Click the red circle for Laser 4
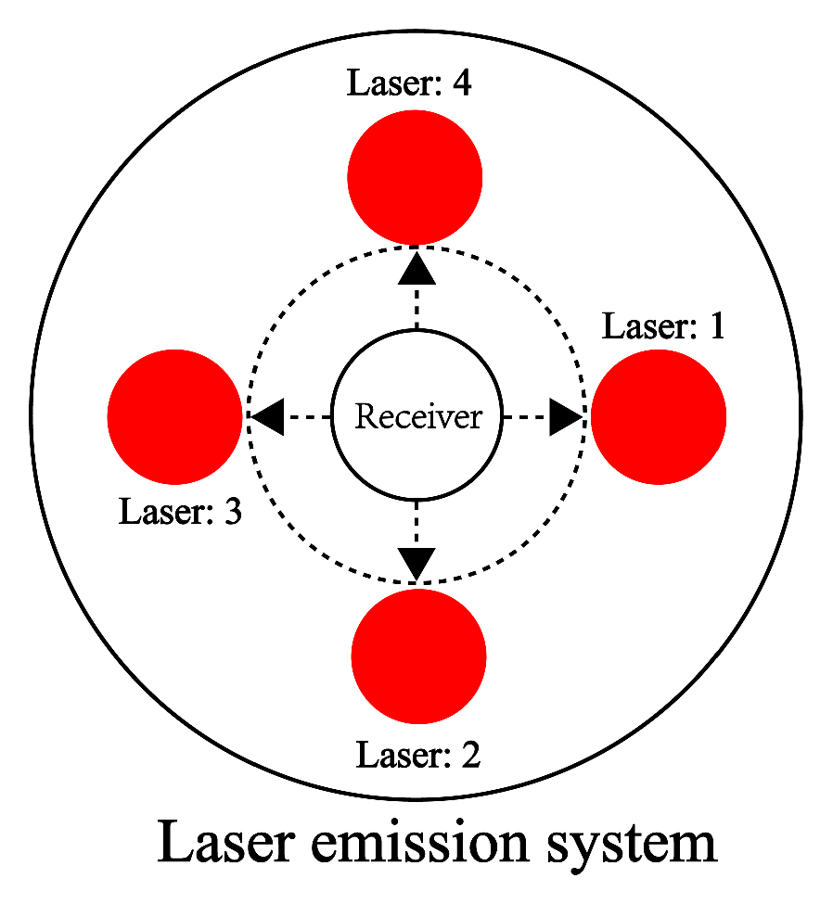pyautogui.click(x=415, y=176)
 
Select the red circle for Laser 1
pyautogui.click(x=658, y=416)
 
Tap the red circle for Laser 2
pyautogui.click(x=418, y=656)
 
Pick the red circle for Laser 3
pyautogui.click(x=175, y=416)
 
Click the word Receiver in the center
pyautogui.click(x=418, y=417)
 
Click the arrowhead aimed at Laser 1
pyautogui.click(x=565, y=417)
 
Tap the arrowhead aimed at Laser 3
pyautogui.click(x=268, y=417)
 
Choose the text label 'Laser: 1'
pyautogui.click(x=663, y=326)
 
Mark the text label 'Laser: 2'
pyautogui.click(x=418, y=755)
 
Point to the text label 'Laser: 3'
pyautogui.click(x=180, y=511)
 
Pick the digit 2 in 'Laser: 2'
pyautogui.click(x=470, y=755)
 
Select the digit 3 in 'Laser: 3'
pyautogui.click(x=232, y=511)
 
